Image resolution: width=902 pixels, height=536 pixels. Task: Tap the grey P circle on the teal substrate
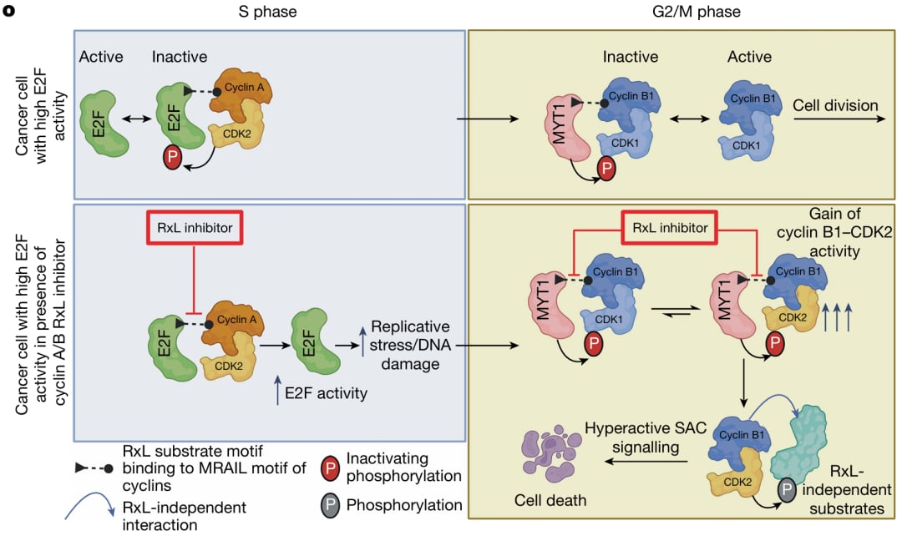pos(787,490)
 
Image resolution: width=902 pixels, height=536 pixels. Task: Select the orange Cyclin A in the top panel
pos(238,97)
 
